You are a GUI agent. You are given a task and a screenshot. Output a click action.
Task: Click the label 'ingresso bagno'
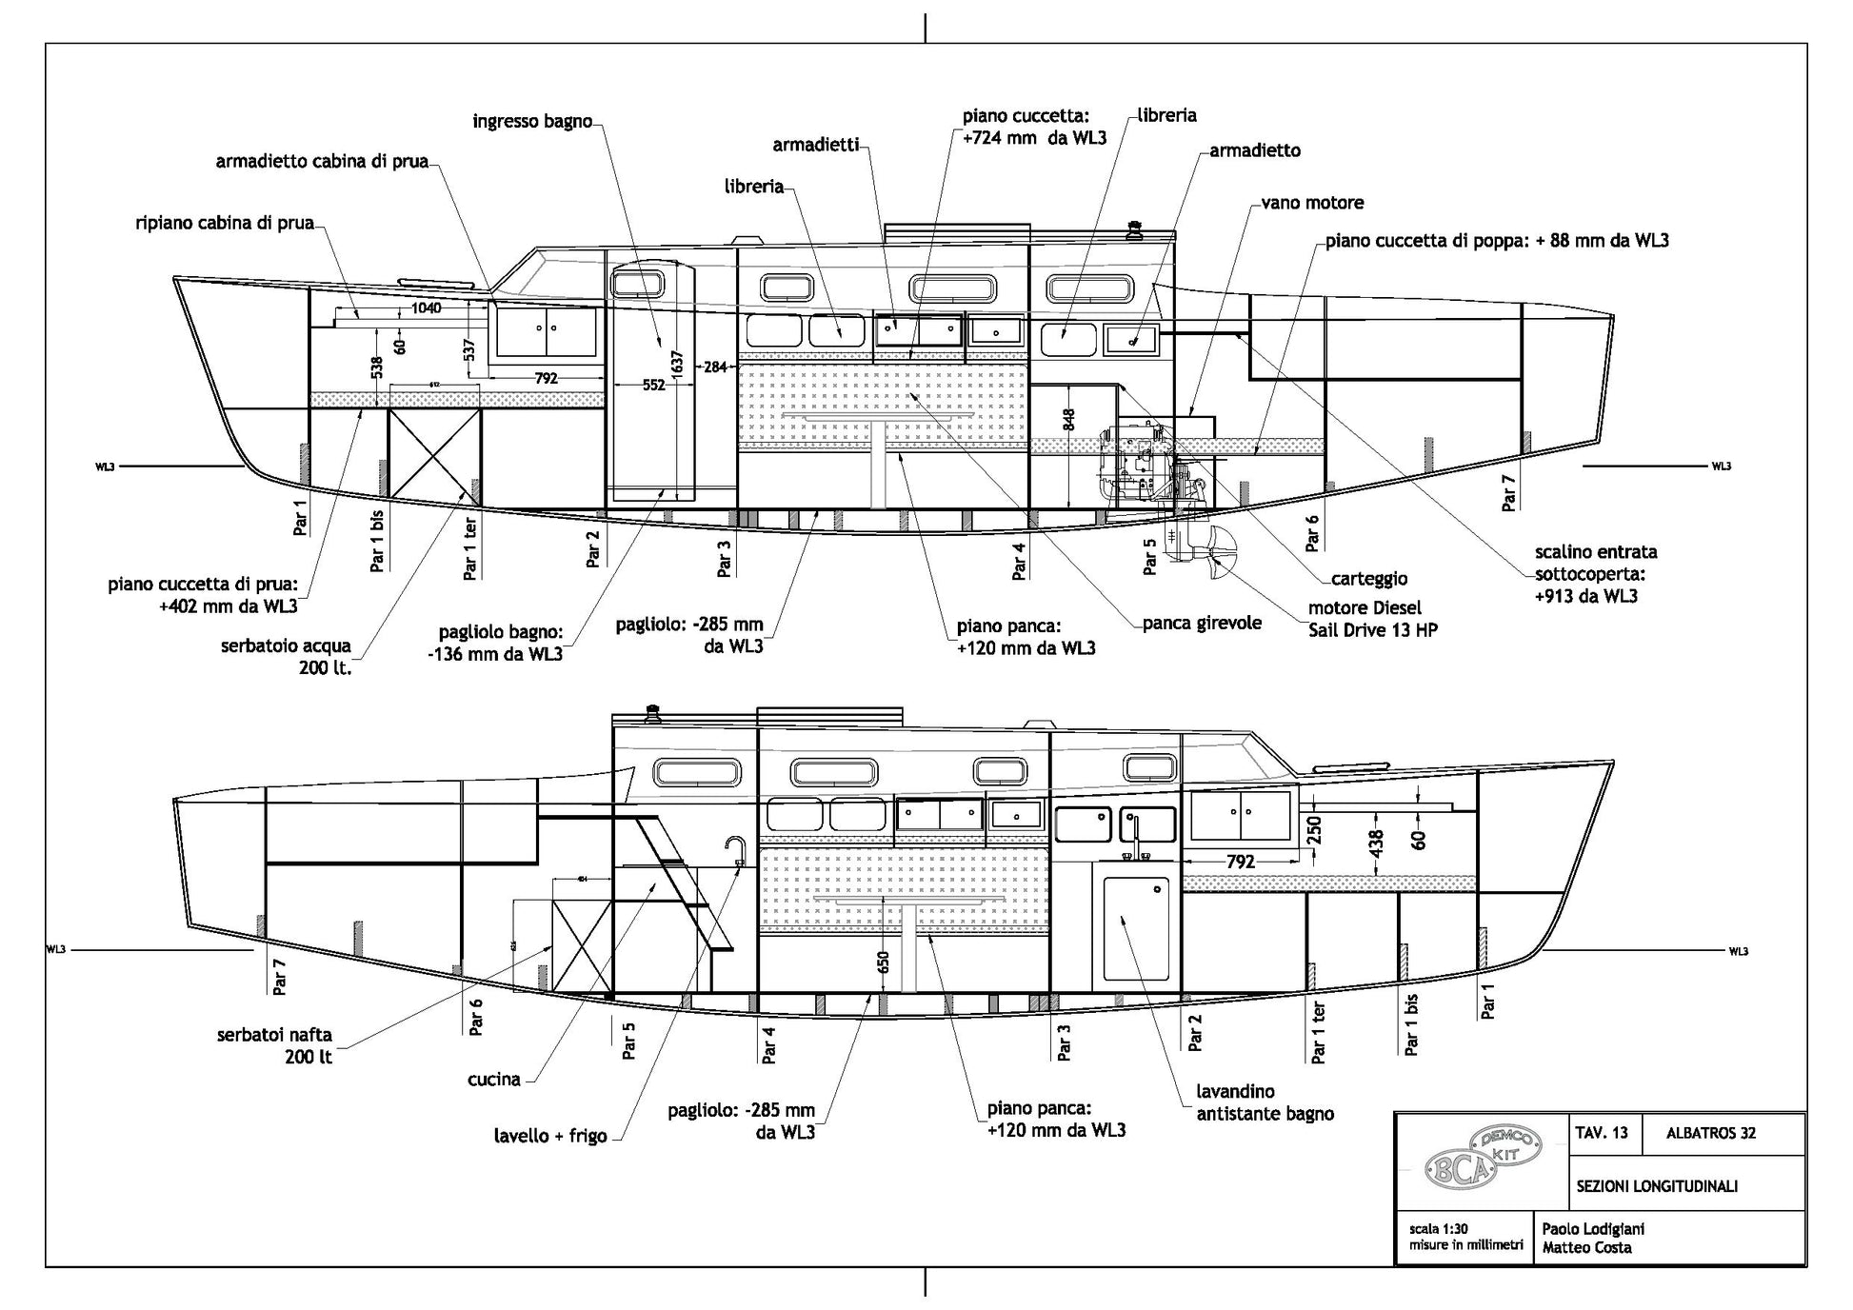(532, 122)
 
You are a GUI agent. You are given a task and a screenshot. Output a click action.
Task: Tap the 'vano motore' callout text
(1312, 203)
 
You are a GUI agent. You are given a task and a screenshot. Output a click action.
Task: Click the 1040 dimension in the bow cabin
(426, 308)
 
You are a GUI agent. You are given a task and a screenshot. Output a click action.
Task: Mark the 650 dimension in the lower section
(884, 963)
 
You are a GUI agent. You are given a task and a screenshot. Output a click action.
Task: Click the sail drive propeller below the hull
(1216, 558)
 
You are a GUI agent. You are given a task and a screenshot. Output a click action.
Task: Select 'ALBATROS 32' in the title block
(1711, 1133)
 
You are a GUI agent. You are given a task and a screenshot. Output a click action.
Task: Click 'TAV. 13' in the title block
(1602, 1133)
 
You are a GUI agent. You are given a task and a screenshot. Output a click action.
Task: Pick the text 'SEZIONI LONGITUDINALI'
(1657, 1186)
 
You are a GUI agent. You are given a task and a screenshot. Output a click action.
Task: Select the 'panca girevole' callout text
(1203, 623)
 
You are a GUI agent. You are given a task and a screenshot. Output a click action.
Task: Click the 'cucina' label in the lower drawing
(494, 1080)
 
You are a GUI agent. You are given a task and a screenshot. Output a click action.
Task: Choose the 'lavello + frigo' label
(550, 1136)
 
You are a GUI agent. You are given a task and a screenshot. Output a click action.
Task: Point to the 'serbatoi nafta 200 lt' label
(274, 1045)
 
